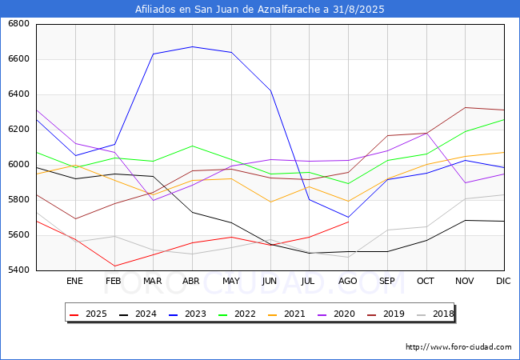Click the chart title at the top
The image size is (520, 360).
[260, 10]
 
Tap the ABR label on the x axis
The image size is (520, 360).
[191, 281]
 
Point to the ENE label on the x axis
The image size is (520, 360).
[74, 281]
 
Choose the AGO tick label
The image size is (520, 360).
[347, 281]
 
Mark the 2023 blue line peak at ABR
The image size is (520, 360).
[192, 46]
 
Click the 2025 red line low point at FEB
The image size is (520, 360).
[114, 266]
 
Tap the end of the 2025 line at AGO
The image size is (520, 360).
[348, 222]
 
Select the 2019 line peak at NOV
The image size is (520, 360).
[465, 107]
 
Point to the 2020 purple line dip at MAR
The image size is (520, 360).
[153, 200]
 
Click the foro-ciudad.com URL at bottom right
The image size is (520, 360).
[458, 347]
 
